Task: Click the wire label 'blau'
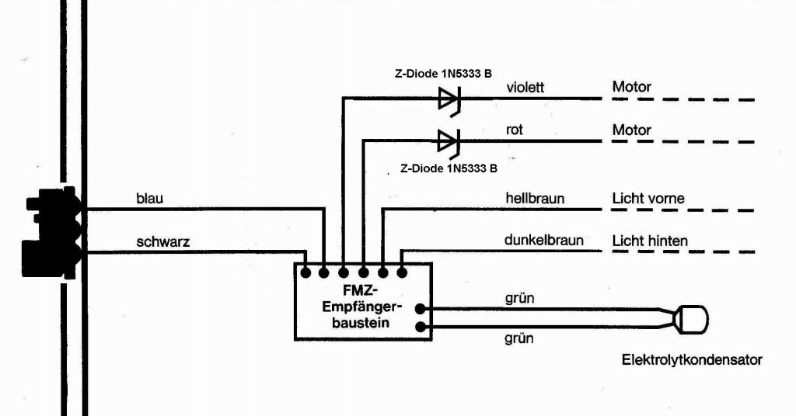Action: pyautogui.click(x=149, y=199)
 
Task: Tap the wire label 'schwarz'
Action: pyautogui.click(x=163, y=241)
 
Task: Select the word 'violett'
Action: pyautogui.click(x=525, y=87)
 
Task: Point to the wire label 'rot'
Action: pyautogui.click(x=515, y=130)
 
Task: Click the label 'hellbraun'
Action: pyautogui.click(x=535, y=199)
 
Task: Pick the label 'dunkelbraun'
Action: pyautogui.click(x=544, y=241)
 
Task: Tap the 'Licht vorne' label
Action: pyautogui.click(x=648, y=199)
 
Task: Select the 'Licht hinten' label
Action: pyautogui.click(x=650, y=241)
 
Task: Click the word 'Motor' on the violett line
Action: pyautogui.click(x=632, y=87)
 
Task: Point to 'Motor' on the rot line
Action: pyautogui.click(x=632, y=130)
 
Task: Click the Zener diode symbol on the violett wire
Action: pyautogui.click(x=449, y=99)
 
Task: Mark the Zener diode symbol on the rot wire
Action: pyautogui.click(x=449, y=141)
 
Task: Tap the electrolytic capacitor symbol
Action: pyautogui.click(x=690, y=318)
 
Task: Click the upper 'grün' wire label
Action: pyautogui.click(x=519, y=297)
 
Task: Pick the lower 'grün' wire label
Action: pyautogui.click(x=519, y=339)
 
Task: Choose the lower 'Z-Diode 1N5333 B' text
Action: pyautogui.click(x=449, y=168)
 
